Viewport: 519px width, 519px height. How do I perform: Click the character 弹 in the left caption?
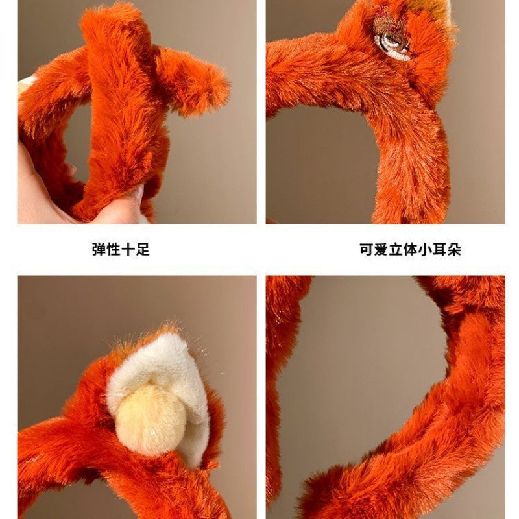(99, 249)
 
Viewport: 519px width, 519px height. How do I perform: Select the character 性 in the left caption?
(113, 249)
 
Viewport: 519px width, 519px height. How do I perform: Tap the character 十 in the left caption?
(128, 249)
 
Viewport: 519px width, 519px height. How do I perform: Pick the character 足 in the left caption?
(142, 249)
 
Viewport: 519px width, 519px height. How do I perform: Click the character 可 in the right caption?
(367, 249)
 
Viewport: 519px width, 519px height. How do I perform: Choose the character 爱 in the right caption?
(381, 249)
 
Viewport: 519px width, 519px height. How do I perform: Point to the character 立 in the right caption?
(396, 249)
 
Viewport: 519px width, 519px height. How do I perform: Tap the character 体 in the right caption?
(411, 249)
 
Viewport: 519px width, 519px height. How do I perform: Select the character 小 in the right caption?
(425, 249)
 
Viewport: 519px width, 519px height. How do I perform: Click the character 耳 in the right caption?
(440, 249)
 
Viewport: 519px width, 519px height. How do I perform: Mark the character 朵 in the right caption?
(454, 249)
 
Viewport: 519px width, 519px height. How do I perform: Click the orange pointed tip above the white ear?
(168, 329)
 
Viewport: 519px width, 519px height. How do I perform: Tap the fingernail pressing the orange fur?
(136, 192)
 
